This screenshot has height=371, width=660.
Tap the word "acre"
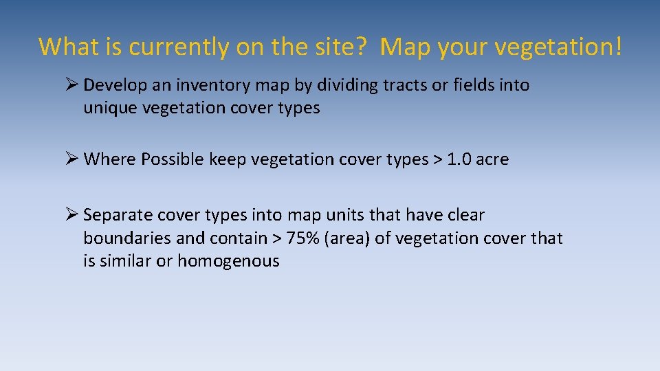point(493,159)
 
